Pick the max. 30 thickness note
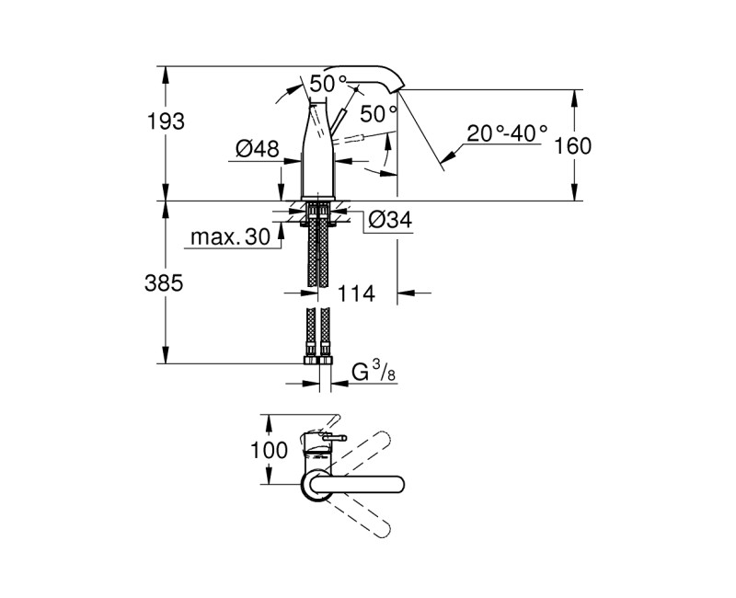pos(230,238)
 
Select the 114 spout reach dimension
pos(355,294)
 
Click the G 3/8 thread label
pos(373,373)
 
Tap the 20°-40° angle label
pos(506,133)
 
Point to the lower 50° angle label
pos(378,114)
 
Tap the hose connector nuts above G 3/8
pos(319,357)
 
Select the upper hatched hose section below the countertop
pos(319,248)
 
